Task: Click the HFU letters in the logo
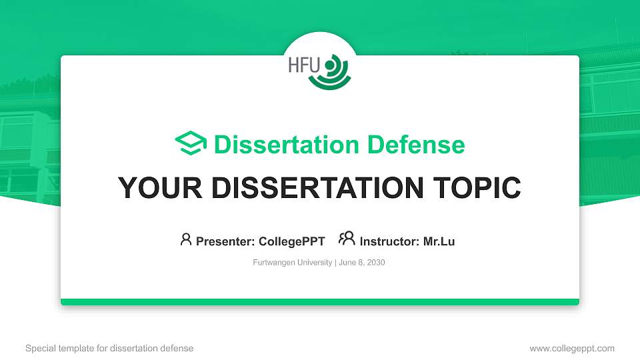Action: [x=304, y=65]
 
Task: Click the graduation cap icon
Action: [x=191, y=143]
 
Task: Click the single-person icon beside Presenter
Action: [x=186, y=239]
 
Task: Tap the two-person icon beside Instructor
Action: [x=347, y=239]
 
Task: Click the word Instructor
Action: [x=389, y=241]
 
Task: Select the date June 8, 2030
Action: [x=362, y=263]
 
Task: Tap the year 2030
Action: [x=375, y=263]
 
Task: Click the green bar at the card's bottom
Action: [x=320, y=302]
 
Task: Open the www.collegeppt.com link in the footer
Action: [x=572, y=348]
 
